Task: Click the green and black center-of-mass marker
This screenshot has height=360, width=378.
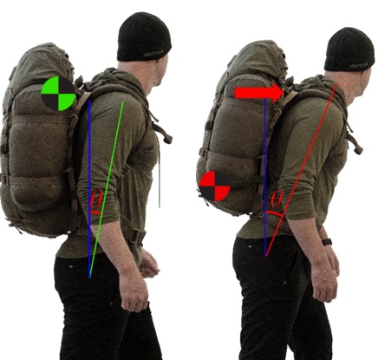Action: (59, 94)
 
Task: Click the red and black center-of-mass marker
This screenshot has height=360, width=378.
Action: (215, 186)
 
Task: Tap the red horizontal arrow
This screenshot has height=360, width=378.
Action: (259, 93)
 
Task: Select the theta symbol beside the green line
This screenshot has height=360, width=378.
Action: (96, 200)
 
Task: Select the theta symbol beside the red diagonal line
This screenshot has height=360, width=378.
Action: (276, 199)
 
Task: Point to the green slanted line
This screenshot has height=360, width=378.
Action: (107, 189)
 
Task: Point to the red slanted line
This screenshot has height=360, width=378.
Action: (302, 170)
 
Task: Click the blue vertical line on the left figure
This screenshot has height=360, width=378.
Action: (89, 189)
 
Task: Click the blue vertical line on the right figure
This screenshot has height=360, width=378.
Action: (265, 177)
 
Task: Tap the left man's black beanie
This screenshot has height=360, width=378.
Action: (144, 36)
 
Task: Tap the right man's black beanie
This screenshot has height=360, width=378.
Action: (349, 49)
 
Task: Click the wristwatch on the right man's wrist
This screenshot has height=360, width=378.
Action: (327, 242)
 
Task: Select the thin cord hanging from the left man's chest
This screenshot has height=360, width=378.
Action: (160, 180)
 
